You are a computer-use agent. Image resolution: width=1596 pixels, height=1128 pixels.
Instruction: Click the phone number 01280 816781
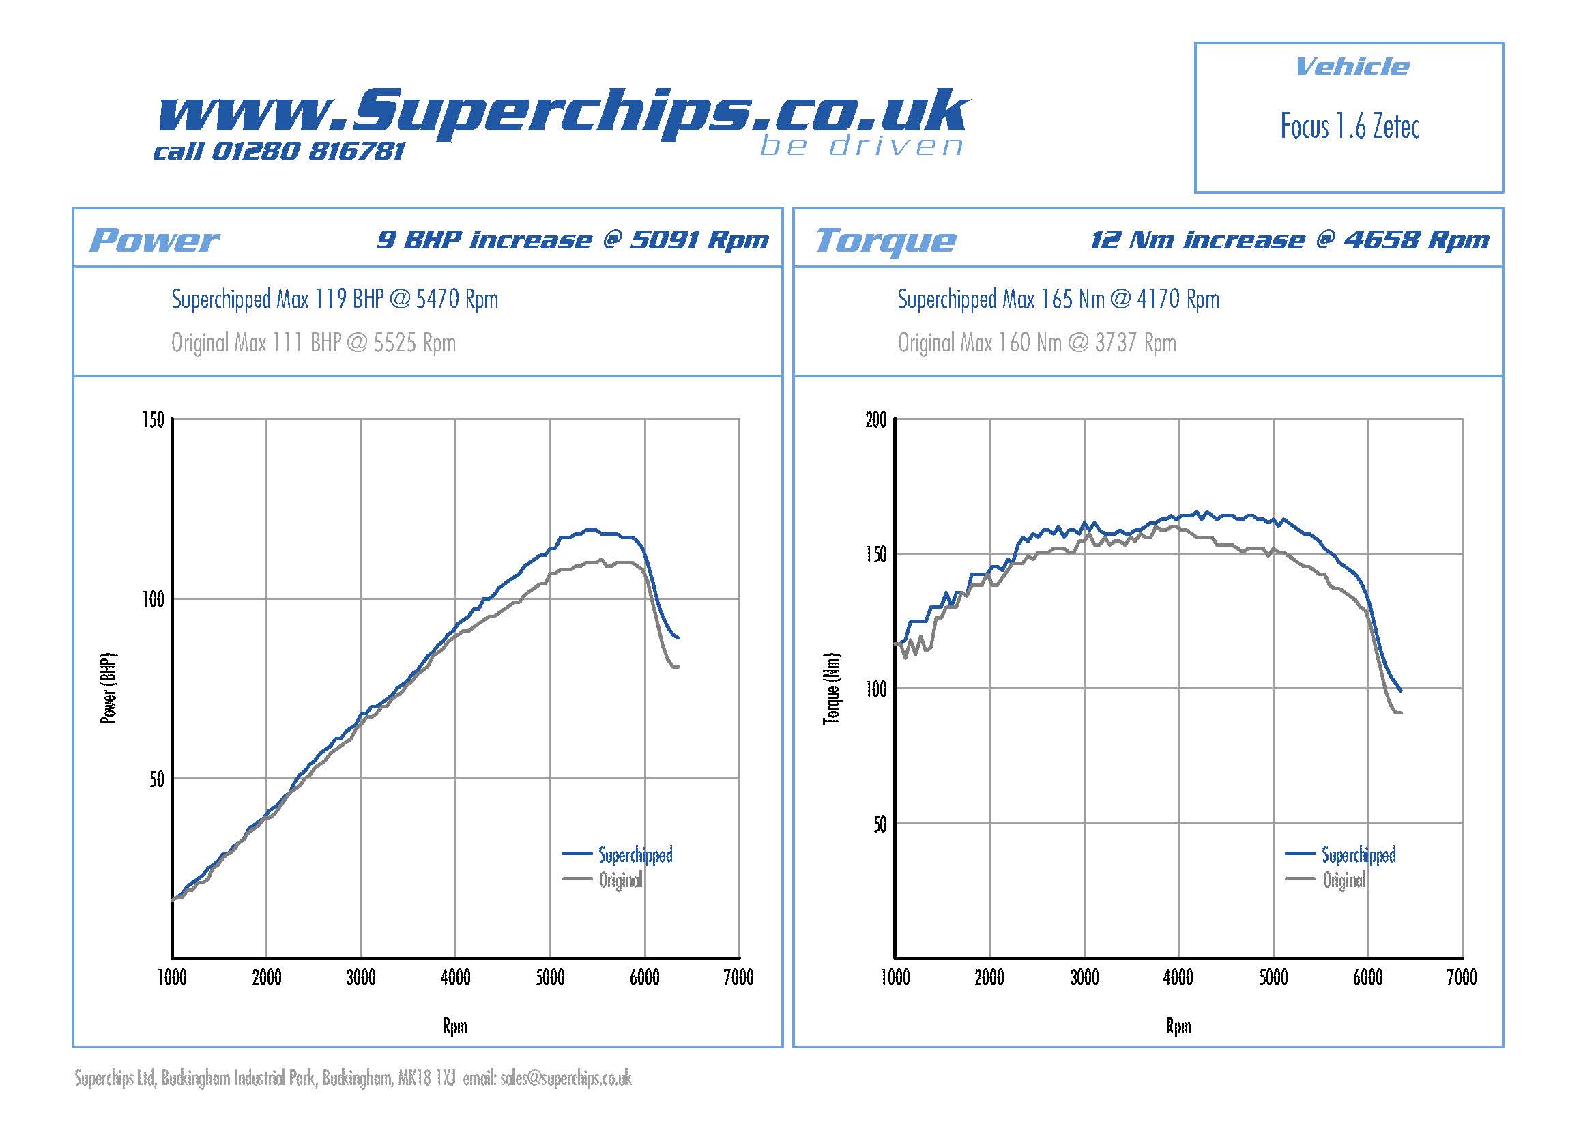[307, 151]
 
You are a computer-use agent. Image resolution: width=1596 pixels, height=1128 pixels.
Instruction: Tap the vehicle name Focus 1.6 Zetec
[1349, 127]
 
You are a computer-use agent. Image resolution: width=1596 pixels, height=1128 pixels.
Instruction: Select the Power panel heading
[154, 240]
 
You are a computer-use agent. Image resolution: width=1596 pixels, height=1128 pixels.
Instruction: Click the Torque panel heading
[886, 240]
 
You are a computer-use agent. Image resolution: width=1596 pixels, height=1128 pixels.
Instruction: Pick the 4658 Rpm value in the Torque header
[1416, 240]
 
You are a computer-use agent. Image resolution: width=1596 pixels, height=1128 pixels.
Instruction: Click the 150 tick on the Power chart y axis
[153, 420]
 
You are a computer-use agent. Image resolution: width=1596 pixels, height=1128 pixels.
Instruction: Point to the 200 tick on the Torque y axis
[876, 420]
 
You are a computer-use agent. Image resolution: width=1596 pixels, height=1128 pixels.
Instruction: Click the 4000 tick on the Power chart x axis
[455, 978]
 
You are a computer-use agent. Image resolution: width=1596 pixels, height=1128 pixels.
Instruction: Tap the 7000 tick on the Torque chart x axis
[1462, 978]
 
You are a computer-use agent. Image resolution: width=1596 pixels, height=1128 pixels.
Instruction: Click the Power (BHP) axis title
[108, 688]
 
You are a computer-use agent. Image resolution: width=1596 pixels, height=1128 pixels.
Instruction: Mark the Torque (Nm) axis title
[831, 688]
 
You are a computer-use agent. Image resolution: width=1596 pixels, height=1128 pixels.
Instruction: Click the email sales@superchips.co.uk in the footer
[565, 1079]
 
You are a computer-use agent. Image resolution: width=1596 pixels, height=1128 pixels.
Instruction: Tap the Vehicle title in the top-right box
[1352, 68]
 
